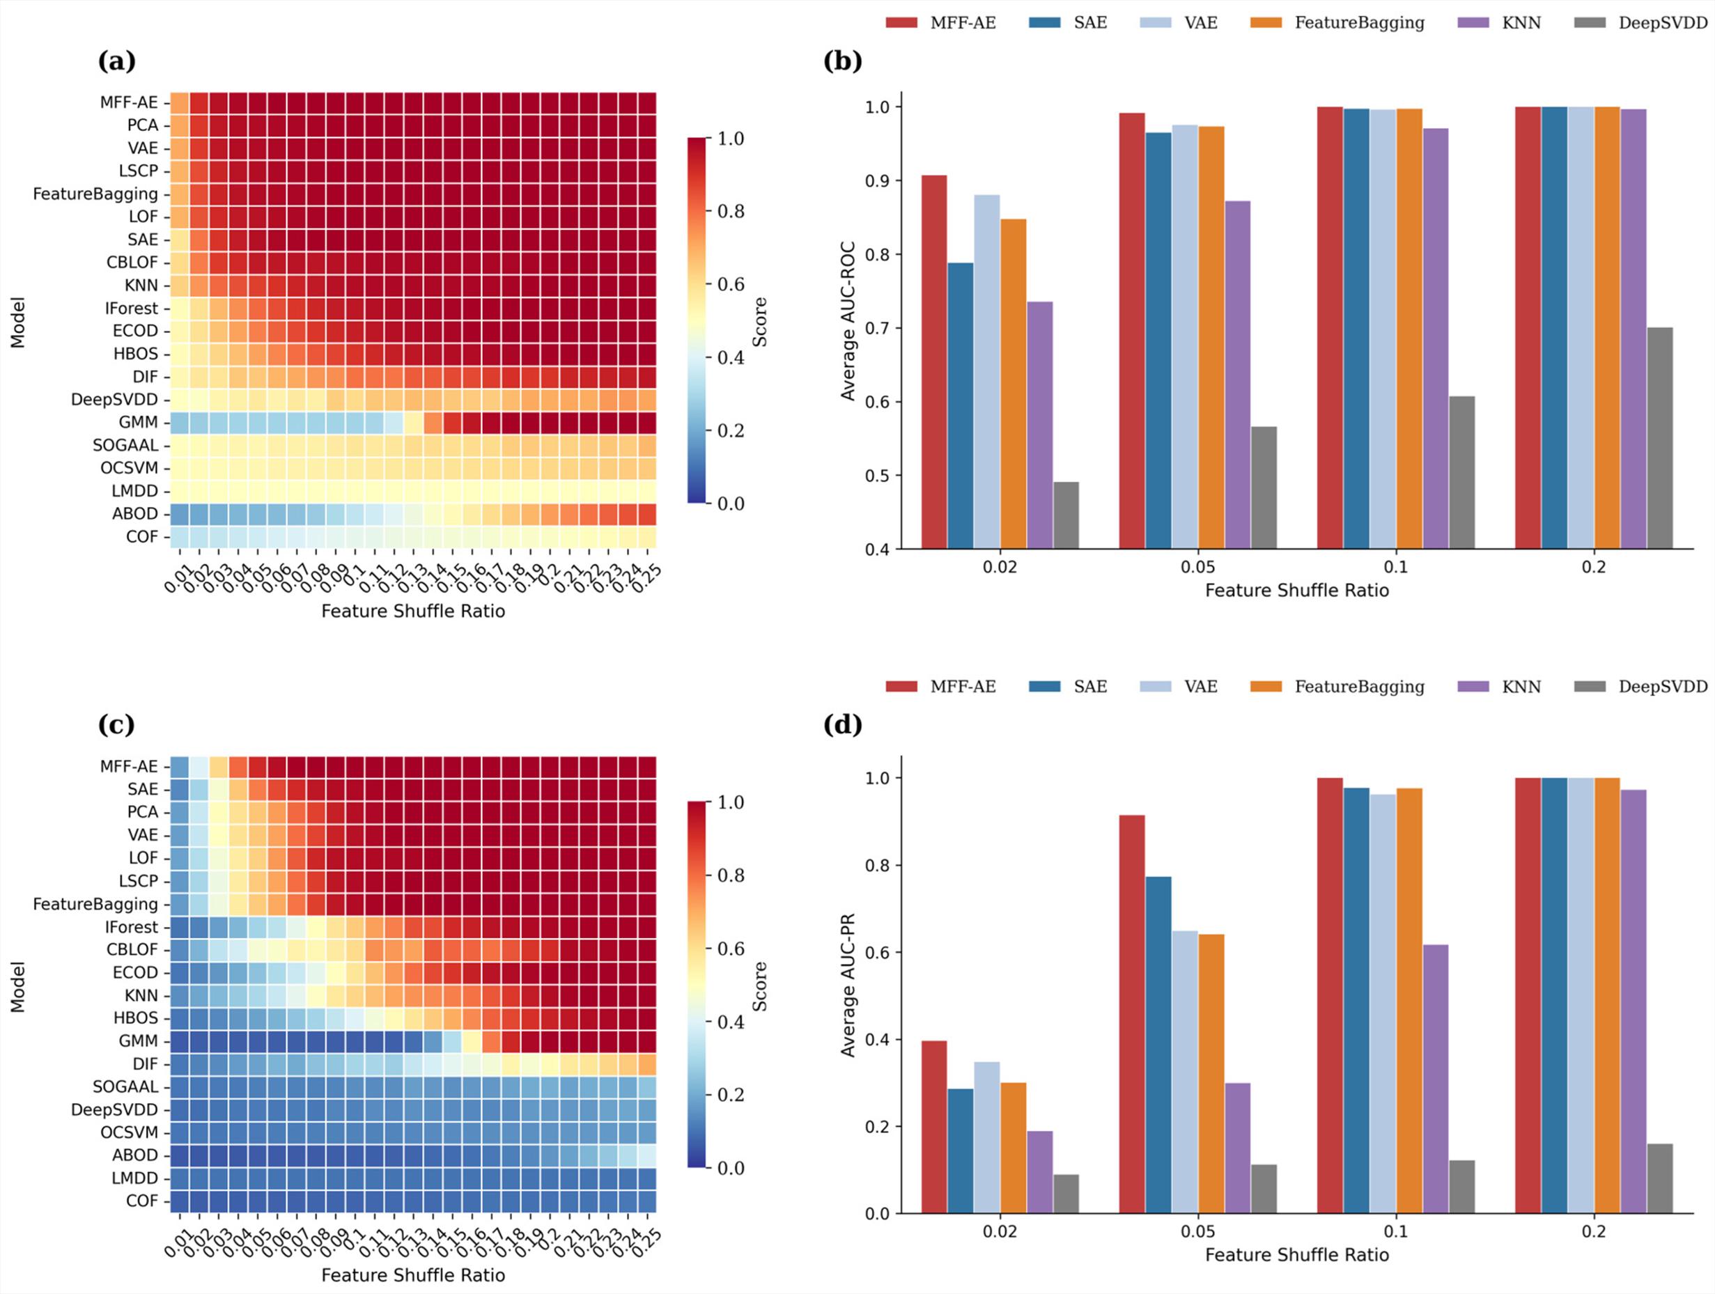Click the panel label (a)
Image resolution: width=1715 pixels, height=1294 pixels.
click(116, 61)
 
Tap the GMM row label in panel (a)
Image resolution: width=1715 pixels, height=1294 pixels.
click(138, 423)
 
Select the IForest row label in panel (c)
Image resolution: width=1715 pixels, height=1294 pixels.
click(131, 926)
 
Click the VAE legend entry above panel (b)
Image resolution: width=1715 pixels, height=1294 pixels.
click(1200, 22)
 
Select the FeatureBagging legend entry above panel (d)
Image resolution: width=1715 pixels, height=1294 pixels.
click(1358, 686)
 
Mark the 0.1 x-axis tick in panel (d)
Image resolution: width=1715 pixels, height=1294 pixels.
click(1395, 1232)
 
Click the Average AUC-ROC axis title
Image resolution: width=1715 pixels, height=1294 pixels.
click(848, 321)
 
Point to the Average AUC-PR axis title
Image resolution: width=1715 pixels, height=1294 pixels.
click(848, 985)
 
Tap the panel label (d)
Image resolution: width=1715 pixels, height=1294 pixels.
click(843, 724)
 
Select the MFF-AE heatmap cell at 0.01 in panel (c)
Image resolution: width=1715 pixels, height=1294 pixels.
click(180, 766)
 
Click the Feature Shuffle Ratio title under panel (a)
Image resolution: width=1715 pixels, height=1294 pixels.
click(413, 611)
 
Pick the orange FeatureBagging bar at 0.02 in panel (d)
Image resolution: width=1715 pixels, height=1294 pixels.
click(1014, 1148)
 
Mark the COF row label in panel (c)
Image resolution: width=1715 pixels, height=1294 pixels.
click(142, 1200)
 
